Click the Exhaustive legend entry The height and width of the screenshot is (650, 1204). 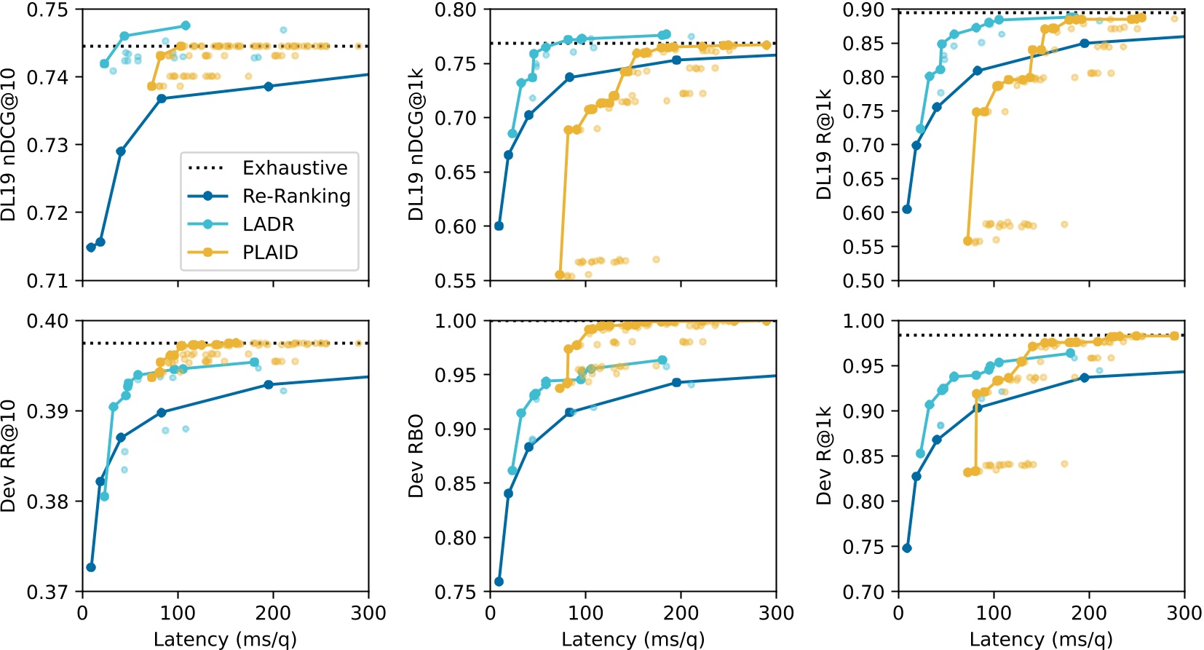(x=295, y=168)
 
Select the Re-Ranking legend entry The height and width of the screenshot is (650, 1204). (x=296, y=197)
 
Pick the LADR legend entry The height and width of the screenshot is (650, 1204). (x=268, y=224)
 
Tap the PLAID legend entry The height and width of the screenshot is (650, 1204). (x=270, y=253)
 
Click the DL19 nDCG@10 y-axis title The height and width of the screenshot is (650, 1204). (x=9, y=144)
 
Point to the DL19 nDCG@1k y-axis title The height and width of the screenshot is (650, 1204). (x=416, y=144)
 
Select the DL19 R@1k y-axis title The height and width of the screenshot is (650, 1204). (x=823, y=144)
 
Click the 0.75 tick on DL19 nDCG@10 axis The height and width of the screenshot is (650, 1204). (x=47, y=10)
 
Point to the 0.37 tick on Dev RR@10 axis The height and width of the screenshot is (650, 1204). (x=47, y=592)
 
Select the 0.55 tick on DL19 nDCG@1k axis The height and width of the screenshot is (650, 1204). (x=455, y=280)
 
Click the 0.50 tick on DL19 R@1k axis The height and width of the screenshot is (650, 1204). (x=863, y=280)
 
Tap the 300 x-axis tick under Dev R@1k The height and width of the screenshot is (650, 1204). (x=1184, y=613)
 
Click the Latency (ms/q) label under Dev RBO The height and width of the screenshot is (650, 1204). (x=633, y=639)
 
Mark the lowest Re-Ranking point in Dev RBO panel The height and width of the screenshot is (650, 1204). (x=499, y=582)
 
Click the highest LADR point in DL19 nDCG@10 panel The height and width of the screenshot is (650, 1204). (x=185, y=25)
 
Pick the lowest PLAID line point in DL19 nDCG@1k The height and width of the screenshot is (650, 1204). (x=560, y=275)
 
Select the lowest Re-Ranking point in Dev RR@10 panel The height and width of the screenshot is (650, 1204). (x=91, y=567)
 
